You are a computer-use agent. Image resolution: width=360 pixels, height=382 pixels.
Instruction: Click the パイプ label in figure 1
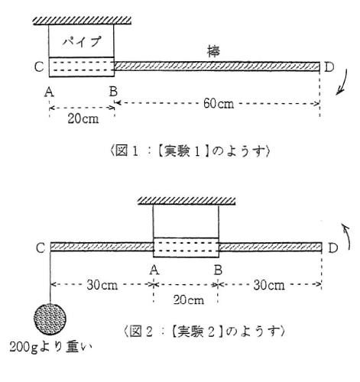click(82, 41)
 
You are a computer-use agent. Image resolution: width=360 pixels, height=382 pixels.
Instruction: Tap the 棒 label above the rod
click(213, 51)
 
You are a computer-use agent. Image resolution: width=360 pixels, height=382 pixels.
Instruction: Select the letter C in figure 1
click(40, 66)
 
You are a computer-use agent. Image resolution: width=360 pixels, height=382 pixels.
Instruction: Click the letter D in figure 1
click(329, 67)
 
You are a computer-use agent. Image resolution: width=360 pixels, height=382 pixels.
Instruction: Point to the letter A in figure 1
click(49, 92)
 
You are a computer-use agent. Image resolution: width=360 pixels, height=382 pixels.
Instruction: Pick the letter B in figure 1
click(113, 91)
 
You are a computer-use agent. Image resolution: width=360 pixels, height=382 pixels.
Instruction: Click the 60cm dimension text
click(219, 104)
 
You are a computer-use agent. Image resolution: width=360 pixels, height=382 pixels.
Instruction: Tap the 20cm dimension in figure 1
click(83, 118)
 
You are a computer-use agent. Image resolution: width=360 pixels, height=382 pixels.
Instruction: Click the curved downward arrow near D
click(342, 82)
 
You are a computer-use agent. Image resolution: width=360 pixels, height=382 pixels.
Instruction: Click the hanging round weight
click(50, 319)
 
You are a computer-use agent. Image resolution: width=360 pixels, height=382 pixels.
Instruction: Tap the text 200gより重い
click(50, 347)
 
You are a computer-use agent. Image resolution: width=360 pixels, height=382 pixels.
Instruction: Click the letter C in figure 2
click(41, 248)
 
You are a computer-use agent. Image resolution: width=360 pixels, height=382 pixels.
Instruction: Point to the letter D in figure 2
click(332, 248)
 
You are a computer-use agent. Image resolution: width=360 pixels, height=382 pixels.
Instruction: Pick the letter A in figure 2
click(154, 270)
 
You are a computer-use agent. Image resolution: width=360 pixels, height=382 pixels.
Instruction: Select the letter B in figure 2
click(219, 270)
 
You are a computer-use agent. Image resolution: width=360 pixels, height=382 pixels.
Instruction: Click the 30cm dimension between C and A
click(102, 285)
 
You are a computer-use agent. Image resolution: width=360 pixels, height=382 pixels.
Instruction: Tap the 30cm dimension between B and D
click(269, 285)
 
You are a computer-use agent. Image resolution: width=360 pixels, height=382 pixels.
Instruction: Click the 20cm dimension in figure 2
click(189, 299)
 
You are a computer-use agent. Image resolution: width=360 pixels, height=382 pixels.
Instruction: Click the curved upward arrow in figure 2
click(347, 235)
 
